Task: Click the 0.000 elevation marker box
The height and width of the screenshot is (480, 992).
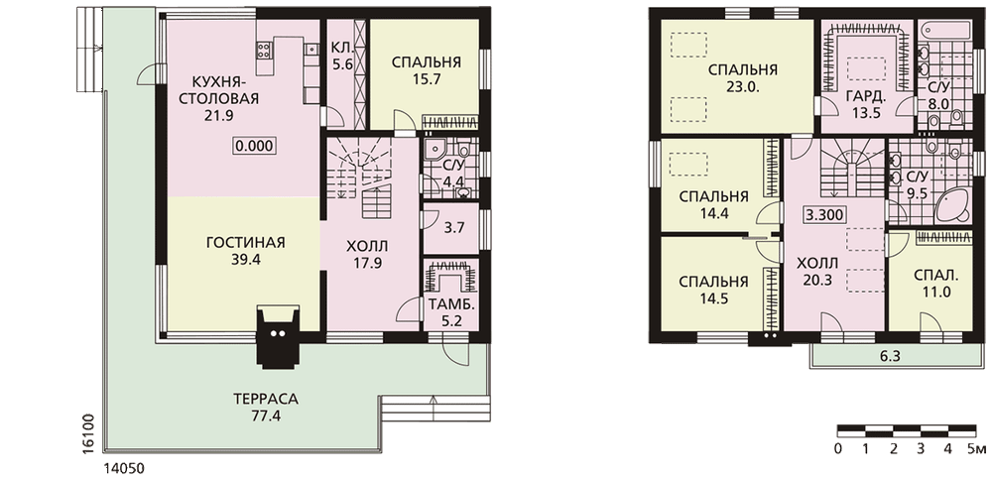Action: [x=254, y=146]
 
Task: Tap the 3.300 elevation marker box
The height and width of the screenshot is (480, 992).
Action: [x=823, y=214]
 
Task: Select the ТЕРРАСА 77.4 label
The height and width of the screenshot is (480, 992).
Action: [x=266, y=408]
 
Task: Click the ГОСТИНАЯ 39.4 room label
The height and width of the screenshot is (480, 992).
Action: [x=245, y=251]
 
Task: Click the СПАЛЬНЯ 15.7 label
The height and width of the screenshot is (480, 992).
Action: [x=426, y=70]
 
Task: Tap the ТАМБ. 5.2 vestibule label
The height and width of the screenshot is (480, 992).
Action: [x=452, y=312]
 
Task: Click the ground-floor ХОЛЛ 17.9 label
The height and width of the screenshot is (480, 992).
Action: [x=367, y=254]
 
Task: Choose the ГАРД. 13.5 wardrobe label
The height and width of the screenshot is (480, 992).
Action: [x=865, y=105]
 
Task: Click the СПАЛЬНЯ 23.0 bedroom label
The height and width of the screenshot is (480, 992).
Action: [x=743, y=77]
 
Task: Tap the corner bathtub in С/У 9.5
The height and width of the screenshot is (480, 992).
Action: [x=952, y=204]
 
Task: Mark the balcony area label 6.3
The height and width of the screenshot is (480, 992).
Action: [x=890, y=356]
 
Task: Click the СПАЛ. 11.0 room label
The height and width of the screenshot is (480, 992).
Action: [x=935, y=284]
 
